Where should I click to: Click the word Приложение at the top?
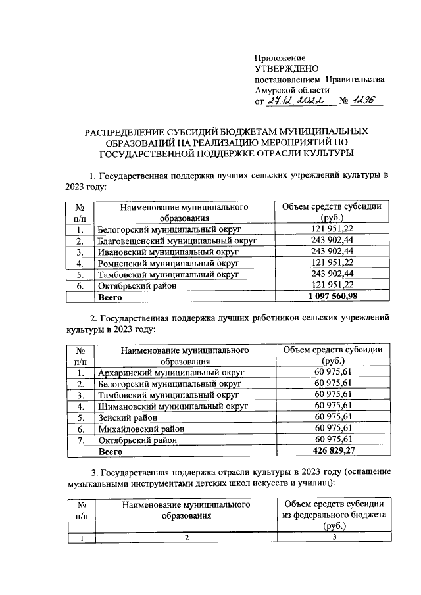coord(280,58)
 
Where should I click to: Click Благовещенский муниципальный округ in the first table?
coord(176,241)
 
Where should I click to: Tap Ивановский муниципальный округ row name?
coord(167,252)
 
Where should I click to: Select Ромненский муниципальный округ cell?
coord(168,263)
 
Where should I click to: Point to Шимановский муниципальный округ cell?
coord(172,406)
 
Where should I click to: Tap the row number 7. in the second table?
coord(80,440)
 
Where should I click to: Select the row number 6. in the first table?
coord(80,286)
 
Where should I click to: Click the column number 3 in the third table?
coord(334,538)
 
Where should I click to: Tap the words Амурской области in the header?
coord(292,90)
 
